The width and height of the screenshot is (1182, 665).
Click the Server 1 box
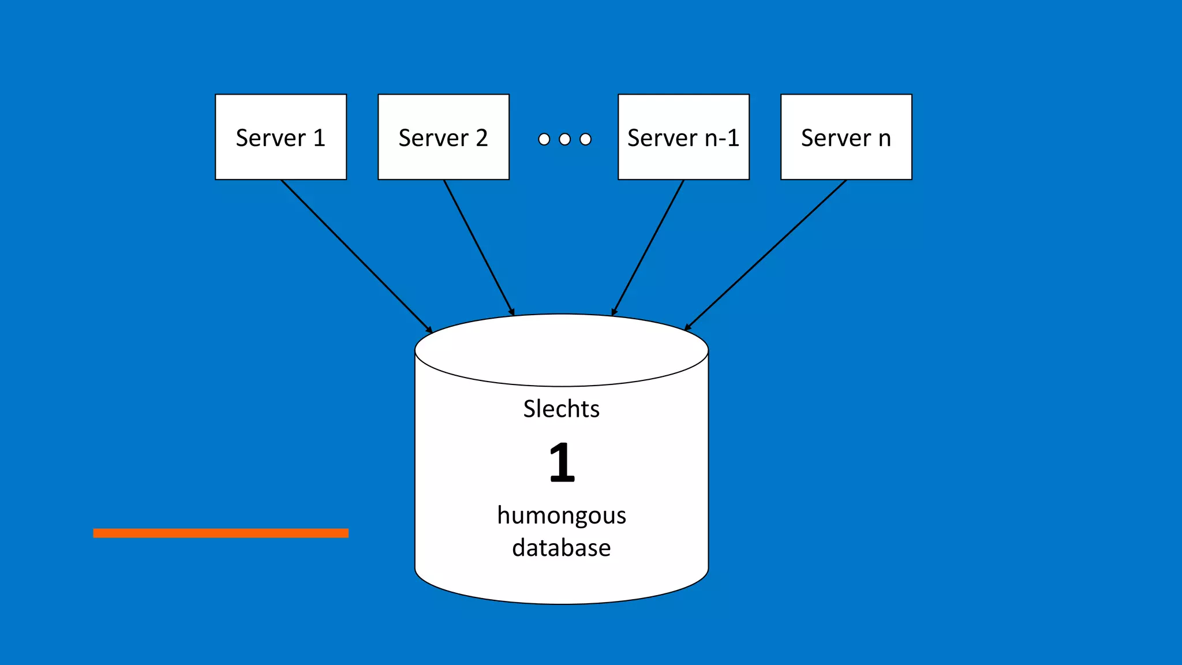click(x=280, y=137)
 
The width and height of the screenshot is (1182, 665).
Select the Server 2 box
click(x=443, y=137)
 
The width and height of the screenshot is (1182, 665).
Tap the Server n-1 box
click(x=683, y=137)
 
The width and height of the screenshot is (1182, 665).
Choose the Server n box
click(x=846, y=137)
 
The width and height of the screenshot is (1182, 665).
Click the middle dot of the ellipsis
click(x=564, y=139)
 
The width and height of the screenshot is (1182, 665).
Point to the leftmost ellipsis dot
click(x=544, y=139)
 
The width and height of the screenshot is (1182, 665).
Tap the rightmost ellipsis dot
click(x=585, y=139)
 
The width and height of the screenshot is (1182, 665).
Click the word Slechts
click(x=561, y=409)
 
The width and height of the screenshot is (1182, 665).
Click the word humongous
click(x=561, y=515)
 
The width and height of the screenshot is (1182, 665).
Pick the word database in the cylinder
click(x=561, y=547)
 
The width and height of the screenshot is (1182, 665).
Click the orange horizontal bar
click(x=220, y=533)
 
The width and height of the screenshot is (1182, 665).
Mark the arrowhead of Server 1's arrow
click(x=429, y=330)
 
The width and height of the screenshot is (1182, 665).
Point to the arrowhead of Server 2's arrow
click(x=512, y=312)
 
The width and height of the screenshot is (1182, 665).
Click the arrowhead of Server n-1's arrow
click(x=614, y=312)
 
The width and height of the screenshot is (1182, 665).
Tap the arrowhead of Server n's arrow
click(x=687, y=328)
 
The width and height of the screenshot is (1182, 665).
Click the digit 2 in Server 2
click(x=482, y=138)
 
